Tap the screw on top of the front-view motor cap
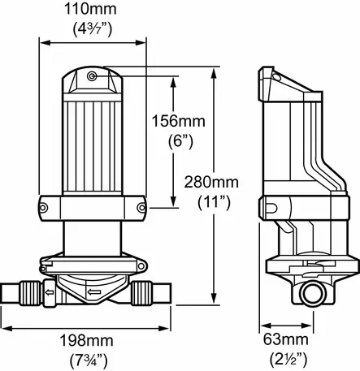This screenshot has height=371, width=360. pyautogui.click(x=92, y=75)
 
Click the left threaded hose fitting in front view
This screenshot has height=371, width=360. pyautogui.click(x=30, y=290)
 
